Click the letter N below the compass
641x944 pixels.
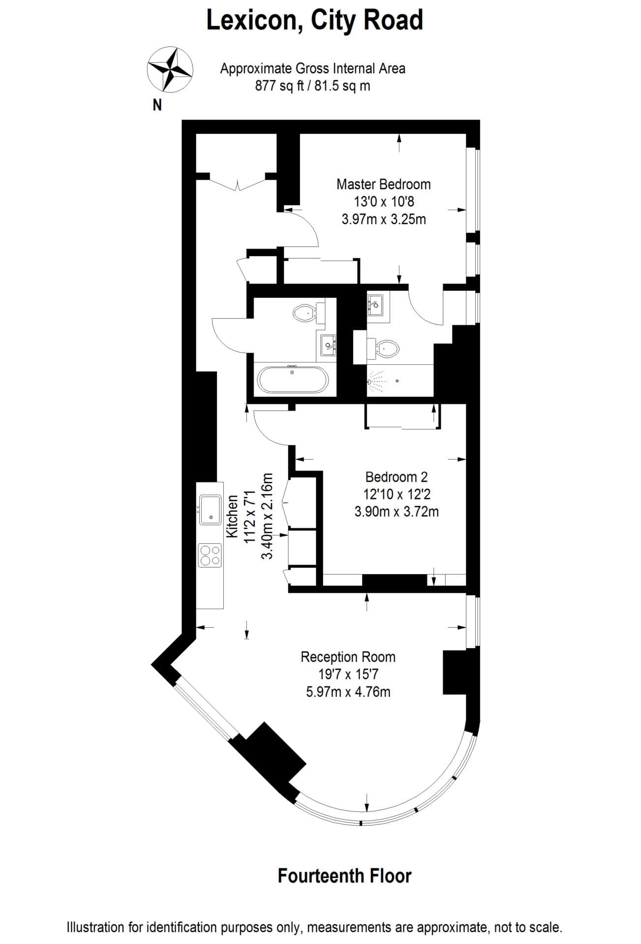click(157, 105)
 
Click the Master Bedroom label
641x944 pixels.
click(383, 184)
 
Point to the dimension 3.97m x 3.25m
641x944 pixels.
click(383, 219)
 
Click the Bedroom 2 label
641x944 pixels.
click(396, 476)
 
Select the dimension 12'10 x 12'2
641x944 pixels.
click(396, 494)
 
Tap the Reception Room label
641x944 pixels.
click(348, 657)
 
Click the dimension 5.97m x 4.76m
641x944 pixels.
click(348, 692)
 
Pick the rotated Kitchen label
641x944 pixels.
click(232, 516)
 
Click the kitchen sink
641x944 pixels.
click(210, 510)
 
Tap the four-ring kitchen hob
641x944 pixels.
click(210, 555)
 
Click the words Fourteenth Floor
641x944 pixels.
click(344, 876)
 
